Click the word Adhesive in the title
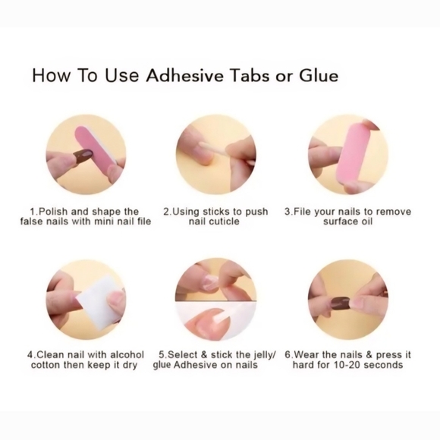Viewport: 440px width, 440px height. click(184, 76)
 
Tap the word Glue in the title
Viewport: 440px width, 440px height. click(319, 76)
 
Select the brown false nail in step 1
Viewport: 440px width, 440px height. click(83, 156)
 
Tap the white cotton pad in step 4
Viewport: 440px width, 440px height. click(95, 301)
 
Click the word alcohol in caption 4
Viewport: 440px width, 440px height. click(127, 355)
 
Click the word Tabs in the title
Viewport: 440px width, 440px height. click(250, 76)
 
